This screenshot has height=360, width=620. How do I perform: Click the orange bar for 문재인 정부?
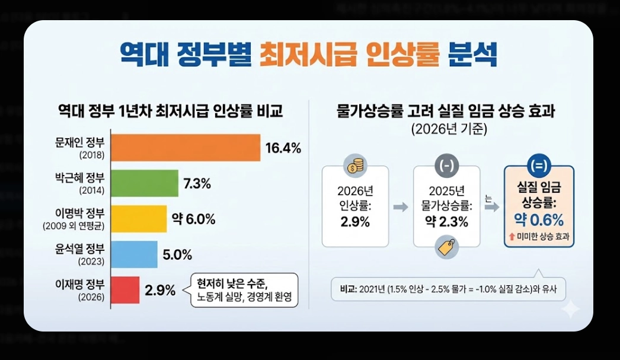click(186, 148)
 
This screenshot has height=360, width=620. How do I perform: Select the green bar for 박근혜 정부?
click(145, 183)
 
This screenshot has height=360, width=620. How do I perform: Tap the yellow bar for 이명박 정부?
click(139, 219)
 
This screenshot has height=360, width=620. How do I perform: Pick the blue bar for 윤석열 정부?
click(134, 254)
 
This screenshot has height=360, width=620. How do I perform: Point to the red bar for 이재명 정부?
click(125, 290)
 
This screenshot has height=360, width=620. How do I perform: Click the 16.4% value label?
click(283, 148)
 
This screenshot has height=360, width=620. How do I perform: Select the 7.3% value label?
click(197, 184)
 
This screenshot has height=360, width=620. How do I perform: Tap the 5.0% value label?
click(177, 255)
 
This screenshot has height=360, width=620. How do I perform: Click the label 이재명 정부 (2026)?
click(79, 291)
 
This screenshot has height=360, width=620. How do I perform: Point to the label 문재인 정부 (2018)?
click(79, 148)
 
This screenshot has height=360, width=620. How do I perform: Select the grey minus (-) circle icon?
click(446, 166)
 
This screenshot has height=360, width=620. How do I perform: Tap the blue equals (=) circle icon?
click(539, 164)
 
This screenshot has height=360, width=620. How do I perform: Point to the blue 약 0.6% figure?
click(539, 220)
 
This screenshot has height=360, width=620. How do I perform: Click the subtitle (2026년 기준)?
click(448, 129)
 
